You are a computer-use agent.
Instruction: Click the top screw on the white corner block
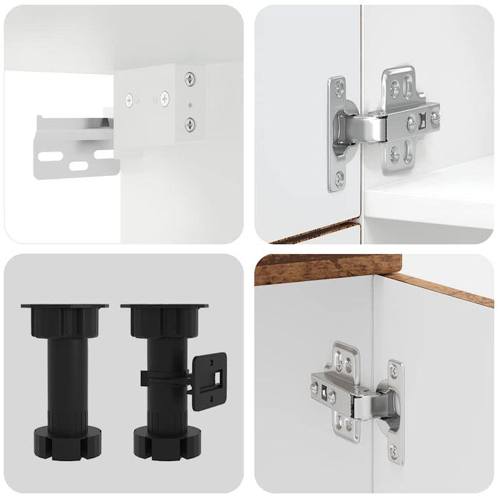click(x=190, y=79)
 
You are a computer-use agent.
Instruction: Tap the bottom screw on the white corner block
click(x=190, y=124)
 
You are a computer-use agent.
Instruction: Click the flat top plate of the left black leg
click(x=65, y=308)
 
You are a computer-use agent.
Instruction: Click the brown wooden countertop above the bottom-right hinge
click(x=320, y=268)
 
